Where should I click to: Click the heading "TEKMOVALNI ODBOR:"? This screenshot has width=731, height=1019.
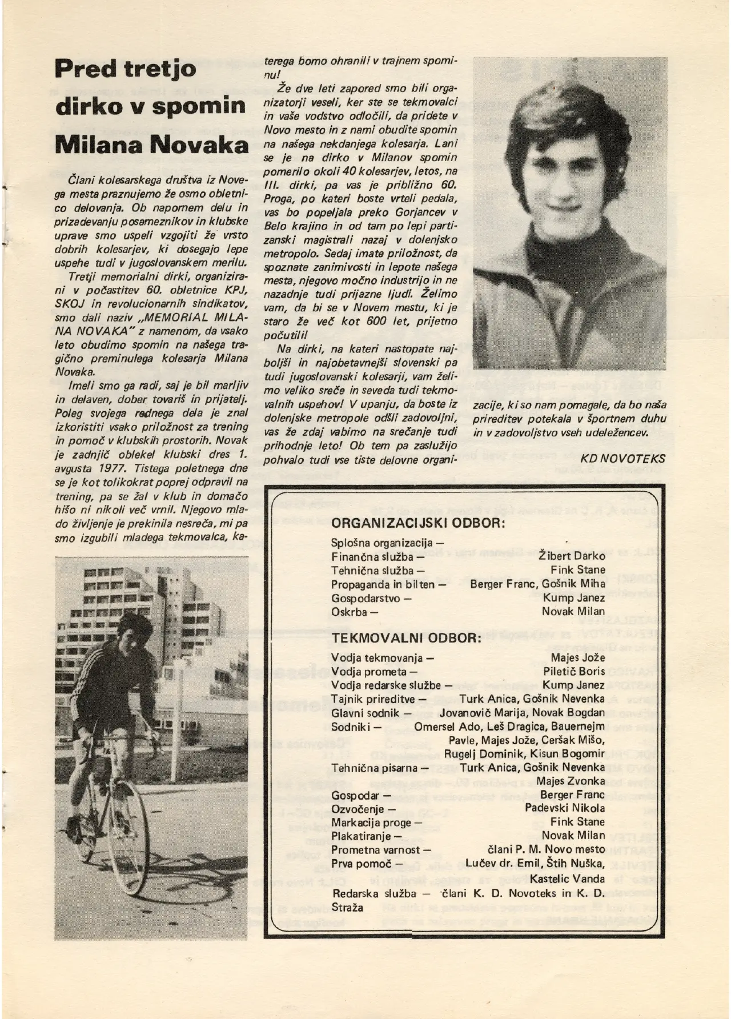(406, 637)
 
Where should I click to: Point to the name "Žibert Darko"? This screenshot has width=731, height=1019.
(572, 556)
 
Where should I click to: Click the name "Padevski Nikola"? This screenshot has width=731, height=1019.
(565, 808)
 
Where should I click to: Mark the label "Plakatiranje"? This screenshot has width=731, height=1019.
(363, 836)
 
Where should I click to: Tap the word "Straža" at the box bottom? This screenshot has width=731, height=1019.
(347, 907)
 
